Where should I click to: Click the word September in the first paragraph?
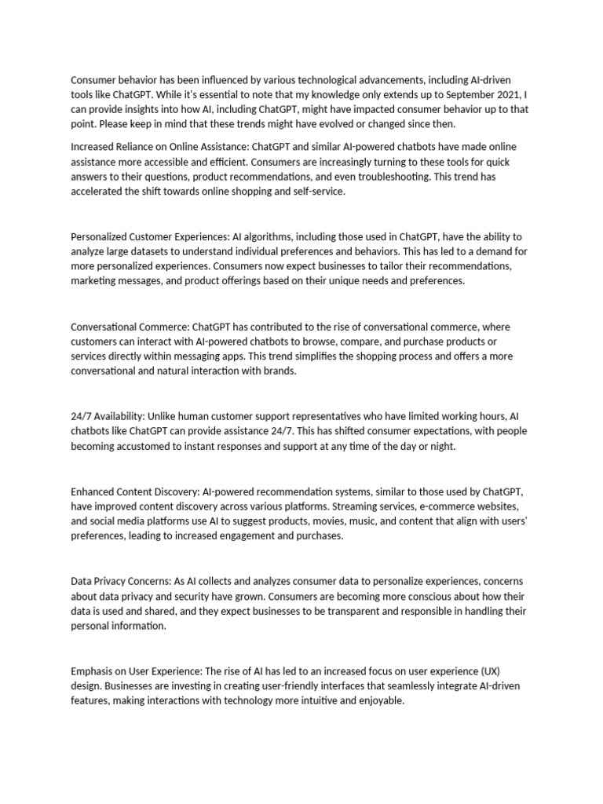(x=470, y=94)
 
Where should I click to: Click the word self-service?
(x=316, y=192)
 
